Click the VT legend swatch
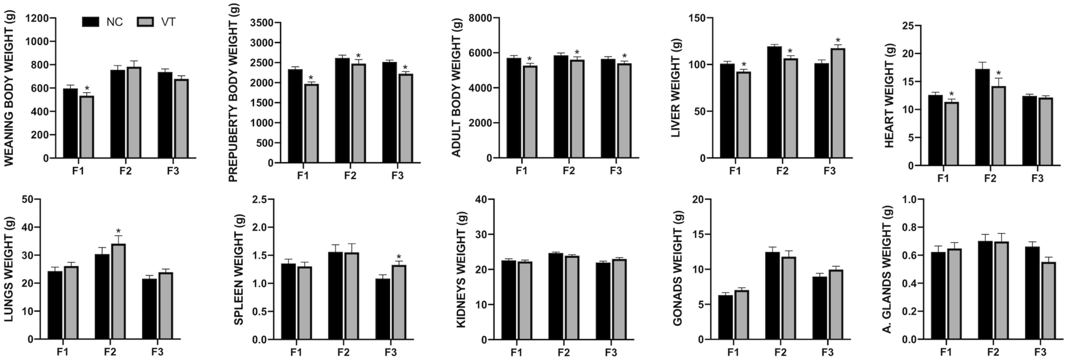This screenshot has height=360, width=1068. coord(145,22)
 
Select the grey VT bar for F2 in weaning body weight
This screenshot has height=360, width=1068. coord(134,112)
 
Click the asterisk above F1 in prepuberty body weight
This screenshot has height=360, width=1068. coord(311,78)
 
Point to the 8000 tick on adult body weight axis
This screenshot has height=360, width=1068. coord(480,18)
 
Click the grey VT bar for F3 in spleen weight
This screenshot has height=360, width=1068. coord(399,302)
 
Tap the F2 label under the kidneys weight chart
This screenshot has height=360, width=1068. coord(563,353)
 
